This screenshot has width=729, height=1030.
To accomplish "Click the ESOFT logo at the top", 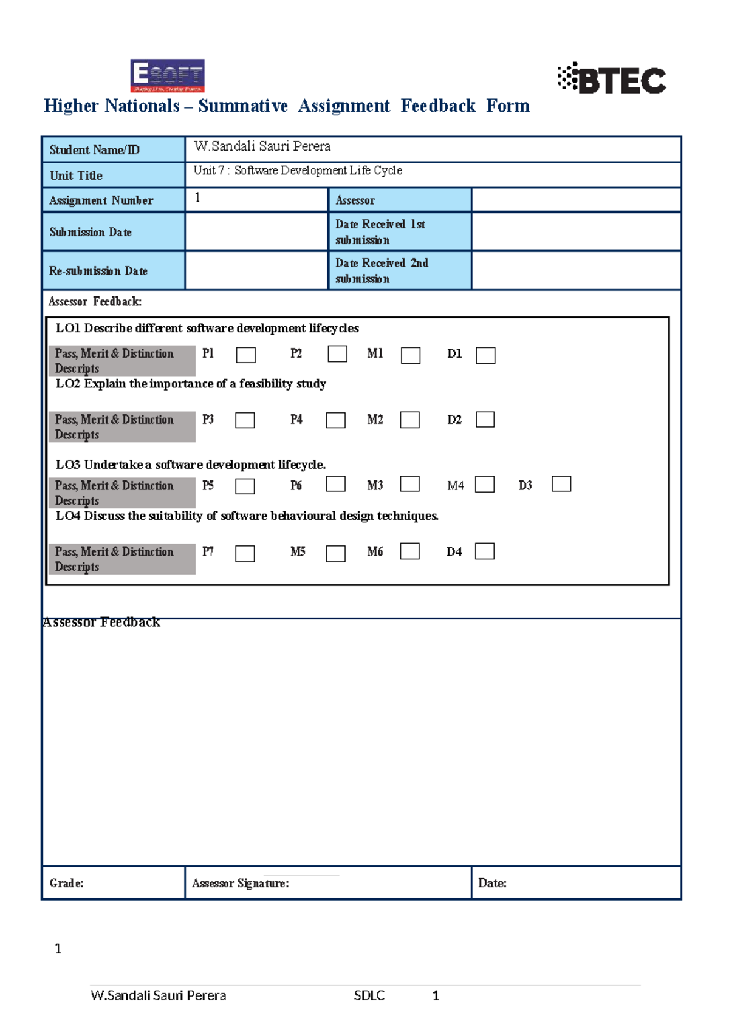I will coord(167,76).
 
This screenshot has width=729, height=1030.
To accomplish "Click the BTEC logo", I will coord(612,79).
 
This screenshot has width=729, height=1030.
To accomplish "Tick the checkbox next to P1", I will coord(245,355).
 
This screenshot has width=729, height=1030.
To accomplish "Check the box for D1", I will coord(485,355).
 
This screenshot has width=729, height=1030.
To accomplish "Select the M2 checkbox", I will coord(410,420).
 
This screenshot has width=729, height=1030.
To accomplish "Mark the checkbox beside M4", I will coord(485,485).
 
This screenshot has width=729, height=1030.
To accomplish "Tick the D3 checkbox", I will coord(561,484).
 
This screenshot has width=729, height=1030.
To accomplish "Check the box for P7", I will coord(245,553).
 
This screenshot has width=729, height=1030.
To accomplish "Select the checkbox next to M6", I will coord(410,551).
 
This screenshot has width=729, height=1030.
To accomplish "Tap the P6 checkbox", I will coord(336,484).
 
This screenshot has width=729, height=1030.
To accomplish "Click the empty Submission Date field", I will coord(256,232).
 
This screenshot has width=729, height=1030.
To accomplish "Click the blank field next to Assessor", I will coord(575,200).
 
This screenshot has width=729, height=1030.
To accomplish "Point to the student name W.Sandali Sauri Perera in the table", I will coord(262,146).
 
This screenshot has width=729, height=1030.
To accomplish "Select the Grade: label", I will coord(66,883).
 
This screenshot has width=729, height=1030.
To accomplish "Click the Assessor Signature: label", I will coord(241,883).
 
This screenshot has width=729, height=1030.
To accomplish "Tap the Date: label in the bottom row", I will coord(492,883).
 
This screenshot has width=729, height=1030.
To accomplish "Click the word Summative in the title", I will coord(242,106).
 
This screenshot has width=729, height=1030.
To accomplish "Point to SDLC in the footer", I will coord(369,995).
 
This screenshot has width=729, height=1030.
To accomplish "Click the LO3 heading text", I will coord(191,465).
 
